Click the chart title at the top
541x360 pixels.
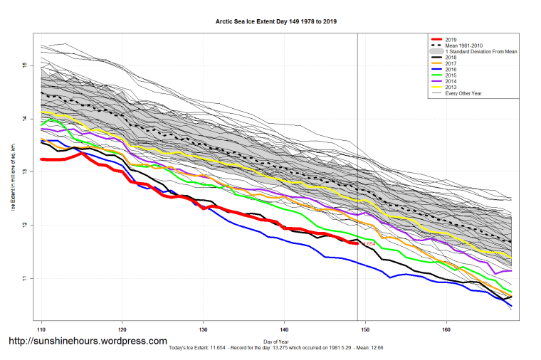pyautogui.click(x=275, y=21)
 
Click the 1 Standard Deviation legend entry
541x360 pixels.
pyautogui.click(x=477, y=51)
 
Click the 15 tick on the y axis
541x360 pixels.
pyautogui.click(x=24, y=65)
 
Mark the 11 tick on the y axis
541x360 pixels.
pyautogui.click(x=24, y=278)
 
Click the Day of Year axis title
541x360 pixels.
pyautogui.click(x=275, y=341)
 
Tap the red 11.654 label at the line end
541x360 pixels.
pyautogui.click(x=368, y=244)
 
